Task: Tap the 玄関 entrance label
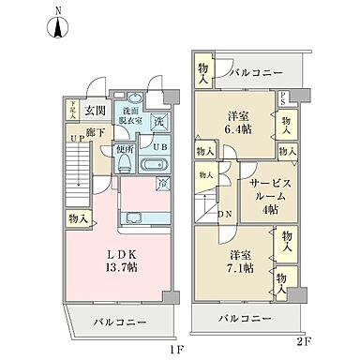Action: coord(95,111)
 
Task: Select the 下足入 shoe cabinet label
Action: coord(71,111)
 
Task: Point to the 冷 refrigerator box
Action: coord(164,185)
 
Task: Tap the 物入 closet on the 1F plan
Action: coord(78,218)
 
